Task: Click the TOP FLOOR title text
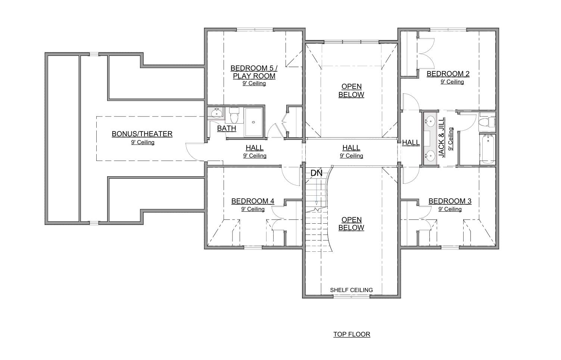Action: coord(352,334)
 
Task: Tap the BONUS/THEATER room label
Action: coord(142,134)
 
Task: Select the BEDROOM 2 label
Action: coord(448,74)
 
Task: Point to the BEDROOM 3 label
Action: coord(450,201)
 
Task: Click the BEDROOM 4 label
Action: coord(253,201)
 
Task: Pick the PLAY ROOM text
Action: coord(254,76)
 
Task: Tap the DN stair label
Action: coord(316,173)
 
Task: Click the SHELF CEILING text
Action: coord(351,290)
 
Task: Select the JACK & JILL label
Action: coord(442,137)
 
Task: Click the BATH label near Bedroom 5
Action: coord(227,128)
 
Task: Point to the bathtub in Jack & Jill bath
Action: coord(487,149)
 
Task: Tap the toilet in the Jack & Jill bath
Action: coord(486,122)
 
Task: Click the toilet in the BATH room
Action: coord(234,116)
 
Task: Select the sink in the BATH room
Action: coord(216,113)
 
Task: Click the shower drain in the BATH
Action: coord(253,122)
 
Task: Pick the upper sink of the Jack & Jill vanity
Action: coord(431,121)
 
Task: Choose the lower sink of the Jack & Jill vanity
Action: coord(431,154)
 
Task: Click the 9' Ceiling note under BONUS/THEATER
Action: coord(143,142)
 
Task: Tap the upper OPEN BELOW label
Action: coord(351,90)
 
